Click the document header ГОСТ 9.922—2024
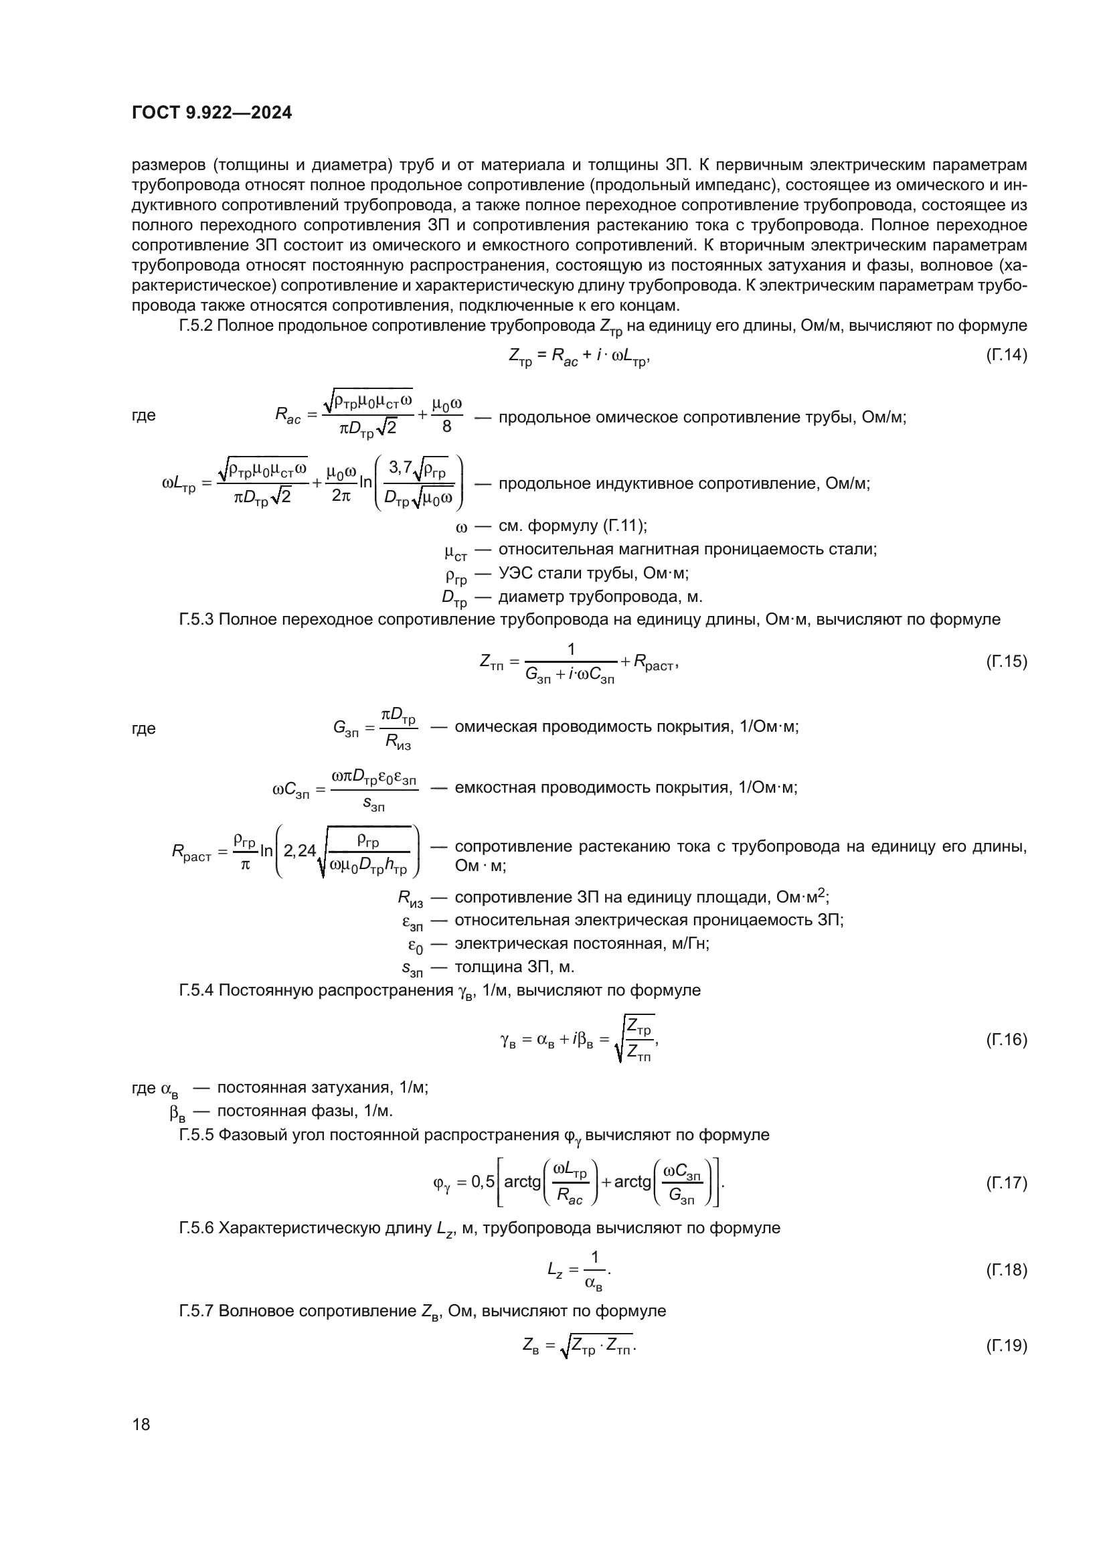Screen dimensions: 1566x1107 click(x=211, y=112)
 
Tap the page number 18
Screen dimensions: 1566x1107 click(x=141, y=1424)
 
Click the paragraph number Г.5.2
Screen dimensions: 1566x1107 click(x=196, y=326)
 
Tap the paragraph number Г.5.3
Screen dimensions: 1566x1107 click(x=196, y=619)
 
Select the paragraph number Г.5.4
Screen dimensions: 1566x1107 click(x=196, y=990)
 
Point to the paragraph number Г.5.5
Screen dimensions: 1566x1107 click(x=196, y=1135)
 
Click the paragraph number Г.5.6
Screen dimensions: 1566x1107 click(x=196, y=1229)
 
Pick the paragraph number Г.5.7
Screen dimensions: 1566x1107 click(x=196, y=1311)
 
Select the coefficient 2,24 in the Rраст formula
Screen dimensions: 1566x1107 click(x=300, y=851)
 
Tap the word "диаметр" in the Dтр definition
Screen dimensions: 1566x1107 click(x=528, y=597)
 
